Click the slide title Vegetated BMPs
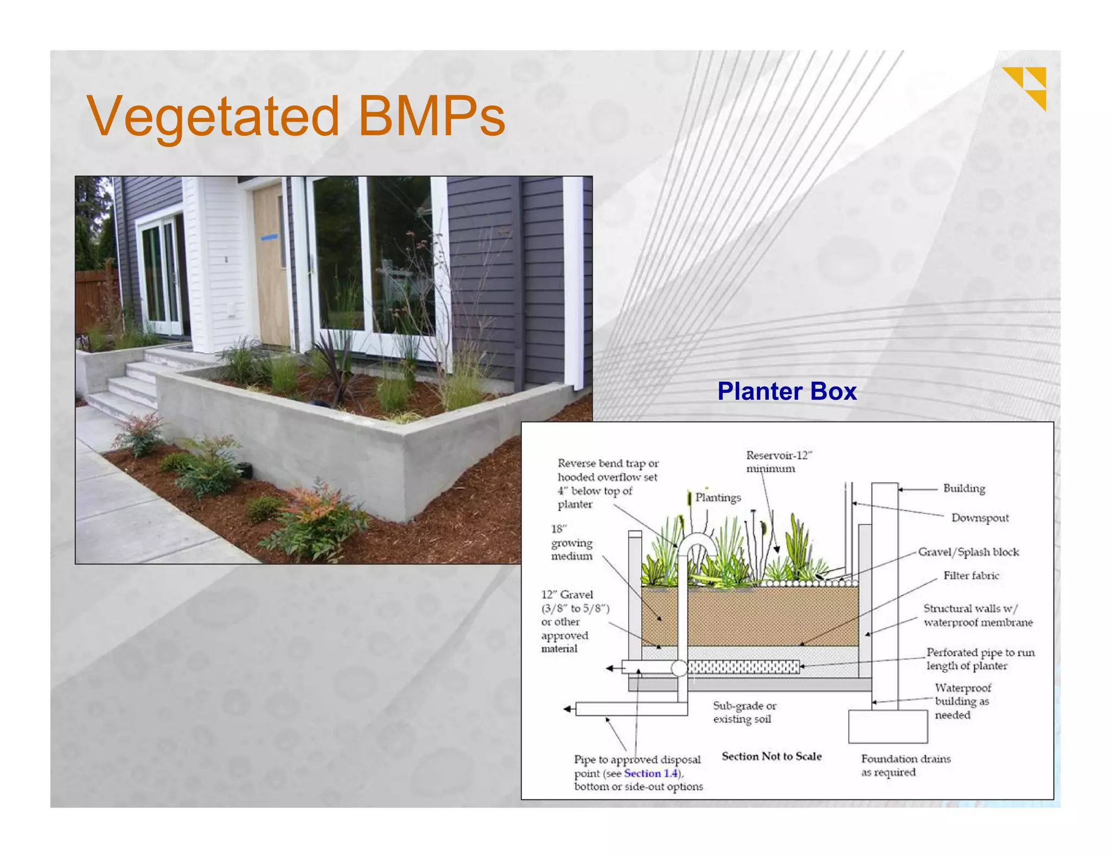(296, 116)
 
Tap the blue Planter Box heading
(787, 391)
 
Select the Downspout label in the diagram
(980, 518)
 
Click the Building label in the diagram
(964, 488)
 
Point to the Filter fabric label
(970, 575)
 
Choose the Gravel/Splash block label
(968, 552)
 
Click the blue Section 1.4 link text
(650, 773)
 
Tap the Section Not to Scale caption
(771, 756)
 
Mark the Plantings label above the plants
(718, 497)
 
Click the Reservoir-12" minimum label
(778, 462)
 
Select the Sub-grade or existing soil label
(744, 712)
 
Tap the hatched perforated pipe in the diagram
(743, 667)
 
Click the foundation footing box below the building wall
(887, 726)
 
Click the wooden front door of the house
(270, 266)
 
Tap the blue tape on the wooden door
(269, 237)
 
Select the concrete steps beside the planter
(128, 385)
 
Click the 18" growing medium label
(572, 542)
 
